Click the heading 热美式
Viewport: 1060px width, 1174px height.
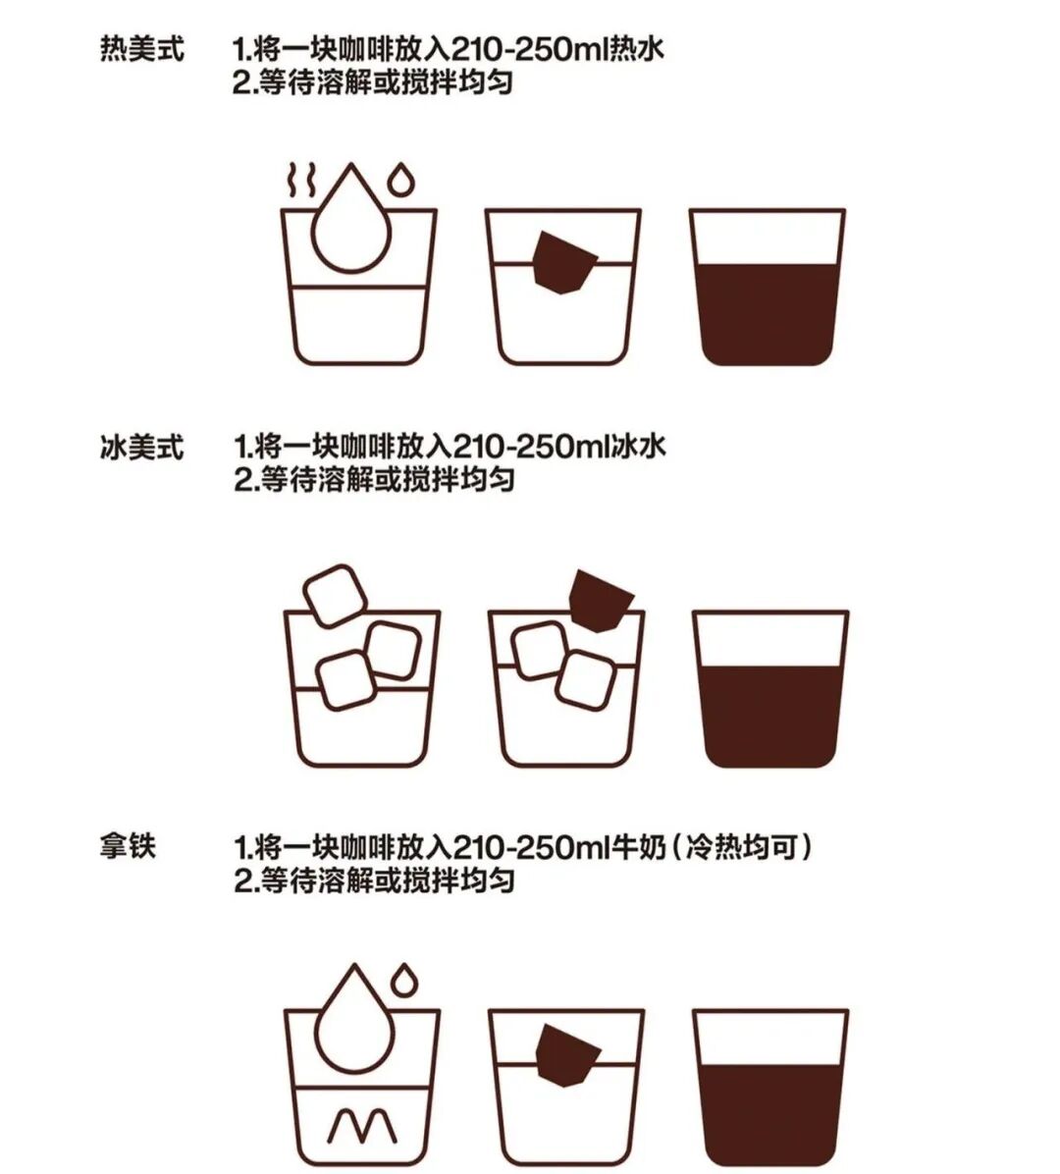(x=142, y=49)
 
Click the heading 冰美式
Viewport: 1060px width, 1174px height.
(x=142, y=447)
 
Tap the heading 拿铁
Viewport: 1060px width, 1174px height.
(x=128, y=846)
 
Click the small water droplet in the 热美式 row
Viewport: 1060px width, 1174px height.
(x=402, y=180)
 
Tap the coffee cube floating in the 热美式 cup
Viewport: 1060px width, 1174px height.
(x=564, y=262)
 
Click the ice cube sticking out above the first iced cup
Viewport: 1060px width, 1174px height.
(x=335, y=595)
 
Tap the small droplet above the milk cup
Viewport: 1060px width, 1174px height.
(x=404, y=980)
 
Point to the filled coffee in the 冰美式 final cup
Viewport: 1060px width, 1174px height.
(x=770, y=717)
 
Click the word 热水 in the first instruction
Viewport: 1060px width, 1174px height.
(x=637, y=49)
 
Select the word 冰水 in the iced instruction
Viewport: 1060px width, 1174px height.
(x=639, y=447)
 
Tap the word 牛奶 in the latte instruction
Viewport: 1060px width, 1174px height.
(x=639, y=847)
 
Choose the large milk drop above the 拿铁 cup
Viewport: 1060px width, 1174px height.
(x=354, y=1021)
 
